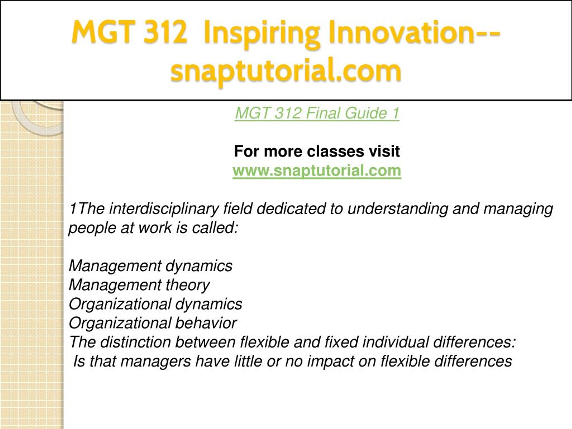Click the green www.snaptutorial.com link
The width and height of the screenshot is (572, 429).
(x=317, y=171)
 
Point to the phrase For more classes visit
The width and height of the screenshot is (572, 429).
(x=317, y=151)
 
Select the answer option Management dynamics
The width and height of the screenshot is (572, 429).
(x=151, y=266)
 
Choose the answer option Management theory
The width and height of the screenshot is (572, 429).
(x=139, y=285)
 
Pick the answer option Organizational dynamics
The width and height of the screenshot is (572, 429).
(x=156, y=304)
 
